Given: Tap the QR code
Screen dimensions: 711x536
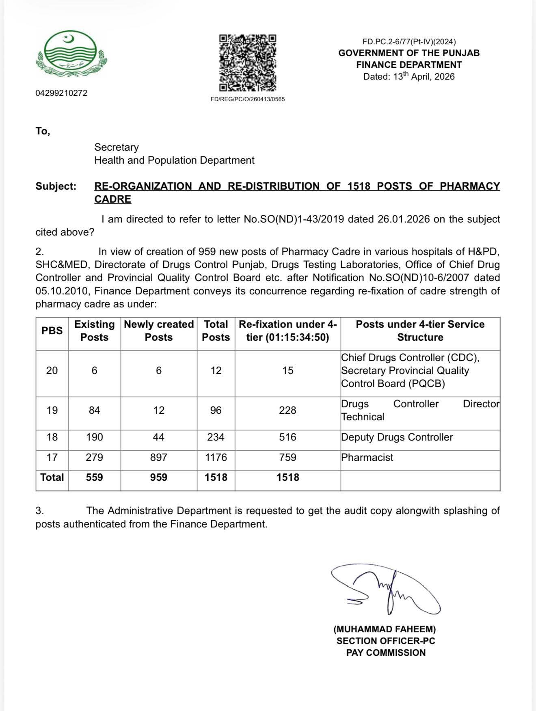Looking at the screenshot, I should pyautogui.click(x=248, y=63).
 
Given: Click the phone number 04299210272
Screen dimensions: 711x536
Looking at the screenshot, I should pyautogui.click(x=61, y=93).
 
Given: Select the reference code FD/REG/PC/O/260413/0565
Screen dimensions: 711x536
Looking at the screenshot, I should pyautogui.click(x=248, y=99).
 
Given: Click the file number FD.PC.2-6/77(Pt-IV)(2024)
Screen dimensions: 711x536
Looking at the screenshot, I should pyautogui.click(x=409, y=41).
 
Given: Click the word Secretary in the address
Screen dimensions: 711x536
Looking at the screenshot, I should pyautogui.click(x=117, y=147).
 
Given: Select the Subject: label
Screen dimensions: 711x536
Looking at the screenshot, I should pyautogui.click(x=56, y=186).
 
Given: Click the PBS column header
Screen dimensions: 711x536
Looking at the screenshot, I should pyautogui.click(x=52, y=331).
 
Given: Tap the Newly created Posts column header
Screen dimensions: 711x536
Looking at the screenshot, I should pyautogui.click(x=159, y=331).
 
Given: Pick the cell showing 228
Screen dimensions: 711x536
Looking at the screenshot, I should pyautogui.click(x=287, y=410).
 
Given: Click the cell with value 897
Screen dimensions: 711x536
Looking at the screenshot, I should pyautogui.click(x=159, y=457).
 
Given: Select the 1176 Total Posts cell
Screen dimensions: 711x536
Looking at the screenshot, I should pyautogui.click(x=216, y=457).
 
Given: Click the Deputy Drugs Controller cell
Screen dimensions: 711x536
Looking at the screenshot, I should pyautogui.click(x=397, y=437).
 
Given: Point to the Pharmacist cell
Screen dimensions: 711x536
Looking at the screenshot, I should pyautogui.click(x=367, y=458).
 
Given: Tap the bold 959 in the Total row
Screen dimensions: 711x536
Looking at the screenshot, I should pyautogui.click(x=159, y=477).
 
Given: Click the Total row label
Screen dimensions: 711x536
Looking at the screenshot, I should pyautogui.click(x=52, y=477).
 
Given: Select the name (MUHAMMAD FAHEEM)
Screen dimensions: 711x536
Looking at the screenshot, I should pyautogui.click(x=385, y=629).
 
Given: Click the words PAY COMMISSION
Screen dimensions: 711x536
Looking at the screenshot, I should pyautogui.click(x=386, y=653).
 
